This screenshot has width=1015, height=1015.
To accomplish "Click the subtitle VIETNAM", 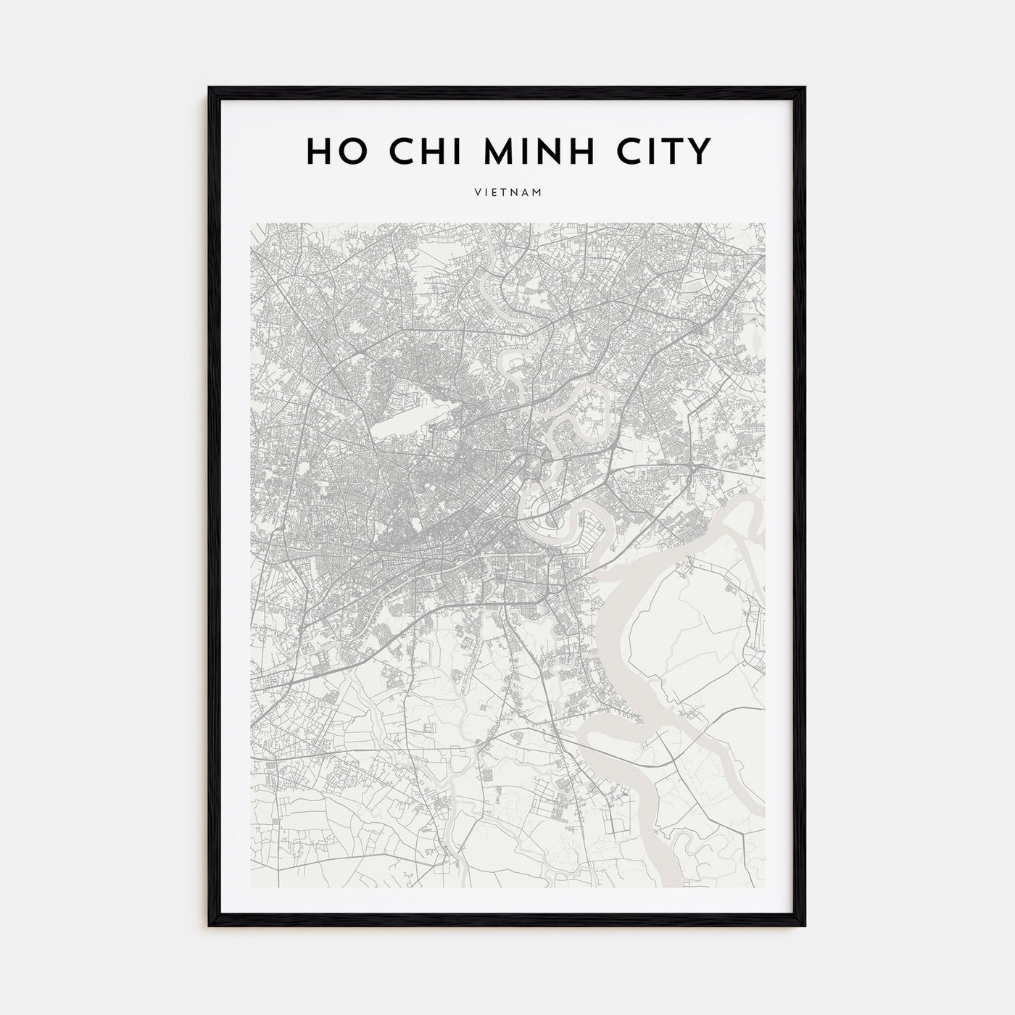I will (x=507, y=193).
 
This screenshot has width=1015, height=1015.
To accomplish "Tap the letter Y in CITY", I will (x=698, y=151).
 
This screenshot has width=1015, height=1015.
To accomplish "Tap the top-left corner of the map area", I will (x=251, y=223).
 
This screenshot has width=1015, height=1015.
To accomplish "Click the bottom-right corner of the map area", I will (x=765, y=887).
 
